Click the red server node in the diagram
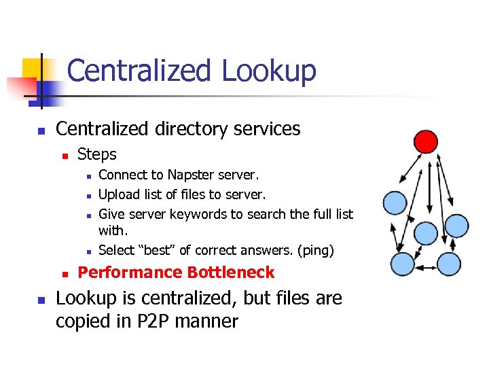tap(426, 141)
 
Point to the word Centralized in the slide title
tap(139, 71)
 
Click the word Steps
tap(97, 154)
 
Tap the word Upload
tap(120, 194)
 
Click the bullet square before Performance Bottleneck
tap(66, 274)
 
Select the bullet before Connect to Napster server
tap(88, 176)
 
